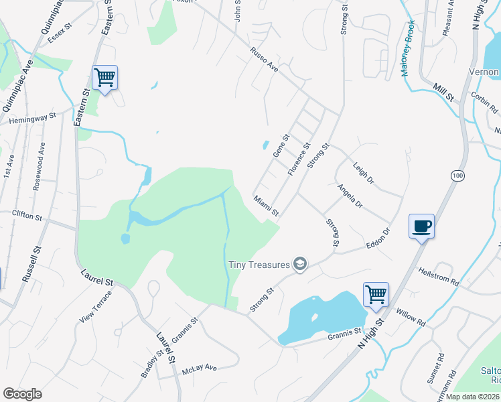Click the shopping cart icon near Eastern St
tap(104, 78)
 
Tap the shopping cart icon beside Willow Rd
tap(376, 294)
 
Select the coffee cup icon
tap(421, 226)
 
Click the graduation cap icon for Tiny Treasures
tap(300, 265)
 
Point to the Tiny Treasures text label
tap(259, 265)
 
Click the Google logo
tap(22, 393)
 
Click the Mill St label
tap(443, 92)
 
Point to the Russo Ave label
tap(264, 59)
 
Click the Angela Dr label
tap(350, 196)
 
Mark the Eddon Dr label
tap(378, 241)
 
